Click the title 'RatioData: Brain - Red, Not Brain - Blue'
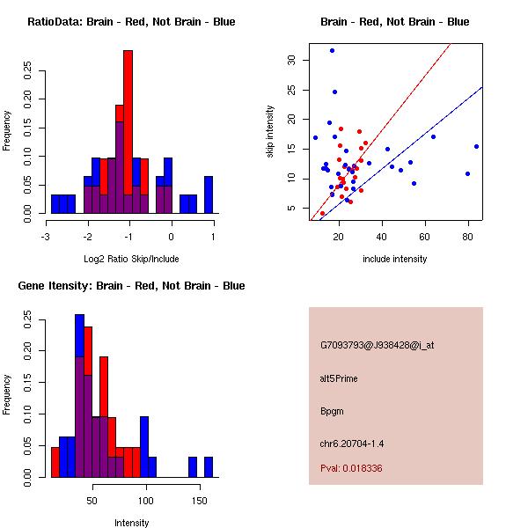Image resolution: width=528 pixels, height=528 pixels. [x=131, y=22]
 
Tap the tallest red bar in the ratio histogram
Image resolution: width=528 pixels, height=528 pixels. [x=128, y=132]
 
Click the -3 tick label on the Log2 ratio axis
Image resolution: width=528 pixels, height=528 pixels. [x=47, y=237]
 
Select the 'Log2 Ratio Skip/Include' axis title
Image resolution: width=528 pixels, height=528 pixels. [x=131, y=259]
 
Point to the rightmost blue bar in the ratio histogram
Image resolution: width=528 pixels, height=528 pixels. [x=209, y=194]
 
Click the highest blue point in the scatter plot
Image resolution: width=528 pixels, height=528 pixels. [x=332, y=50]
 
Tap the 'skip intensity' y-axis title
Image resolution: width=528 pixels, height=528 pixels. [x=271, y=132]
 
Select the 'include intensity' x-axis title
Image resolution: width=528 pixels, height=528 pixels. [x=395, y=259]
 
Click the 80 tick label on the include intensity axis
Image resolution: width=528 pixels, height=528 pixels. [x=467, y=237]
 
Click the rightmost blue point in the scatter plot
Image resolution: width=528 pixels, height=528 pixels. [x=476, y=146]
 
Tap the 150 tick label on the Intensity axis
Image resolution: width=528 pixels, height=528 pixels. [x=200, y=501]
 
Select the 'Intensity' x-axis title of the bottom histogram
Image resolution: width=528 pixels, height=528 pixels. [x=131, y=523]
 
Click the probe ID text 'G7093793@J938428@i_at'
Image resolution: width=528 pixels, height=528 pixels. [x=377, y=345]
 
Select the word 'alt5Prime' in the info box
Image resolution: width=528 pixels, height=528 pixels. [x=339, y=378]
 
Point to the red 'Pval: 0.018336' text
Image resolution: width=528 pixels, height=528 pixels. [x=351, y=468]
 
